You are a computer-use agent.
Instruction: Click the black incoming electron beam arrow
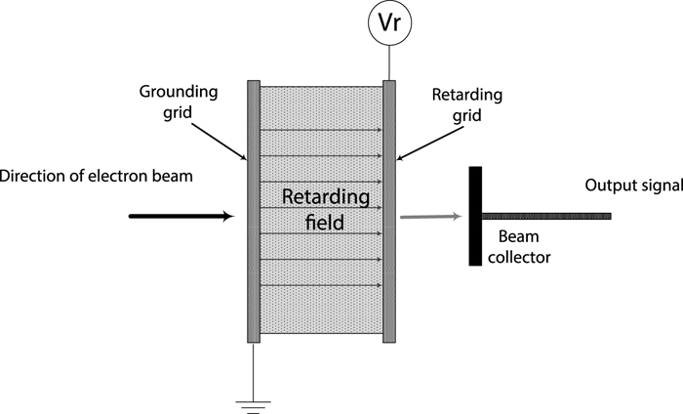point(181,216)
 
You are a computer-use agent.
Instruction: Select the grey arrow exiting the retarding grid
point(428,215)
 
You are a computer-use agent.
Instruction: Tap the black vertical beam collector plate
point(475,216)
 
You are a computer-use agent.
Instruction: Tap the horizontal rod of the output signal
point(546,216)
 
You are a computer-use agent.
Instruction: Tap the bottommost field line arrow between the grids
point(322,286)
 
